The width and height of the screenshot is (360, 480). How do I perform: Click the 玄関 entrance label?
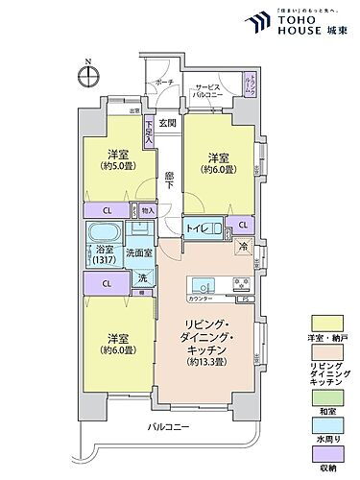pyautogui.click(x=169, y=123)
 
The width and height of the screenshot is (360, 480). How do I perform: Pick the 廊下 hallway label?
pyautogui.click(x=169, y=178)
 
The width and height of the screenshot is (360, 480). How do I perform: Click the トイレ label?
pyautogui.click(x=198, y=228)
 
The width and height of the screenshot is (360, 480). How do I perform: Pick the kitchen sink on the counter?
pyautogui.click(x=204, y=285)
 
